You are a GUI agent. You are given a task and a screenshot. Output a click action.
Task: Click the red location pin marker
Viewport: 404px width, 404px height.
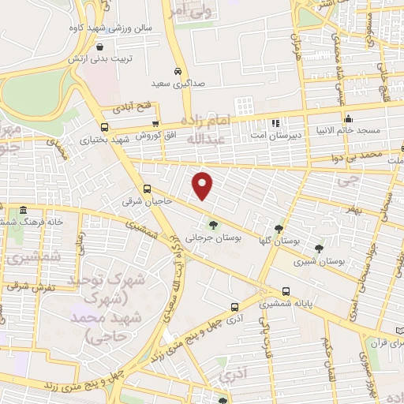(x=203, y=185)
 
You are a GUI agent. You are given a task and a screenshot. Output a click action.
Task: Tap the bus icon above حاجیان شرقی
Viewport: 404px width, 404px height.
(x=147, y=189)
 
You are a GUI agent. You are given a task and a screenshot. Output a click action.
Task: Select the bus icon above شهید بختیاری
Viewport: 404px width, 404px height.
(x=105, y=126)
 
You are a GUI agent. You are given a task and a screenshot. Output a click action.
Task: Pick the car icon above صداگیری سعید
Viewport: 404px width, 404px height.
(x=178, y=69)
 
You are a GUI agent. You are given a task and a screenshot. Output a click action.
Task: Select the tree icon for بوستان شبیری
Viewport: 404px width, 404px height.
(x=320, y=247)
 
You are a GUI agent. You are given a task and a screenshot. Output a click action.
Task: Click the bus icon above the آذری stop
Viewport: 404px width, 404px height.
(x=234, y=307)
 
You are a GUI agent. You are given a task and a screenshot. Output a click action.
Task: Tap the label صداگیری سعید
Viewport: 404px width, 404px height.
(x=178, y=81)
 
